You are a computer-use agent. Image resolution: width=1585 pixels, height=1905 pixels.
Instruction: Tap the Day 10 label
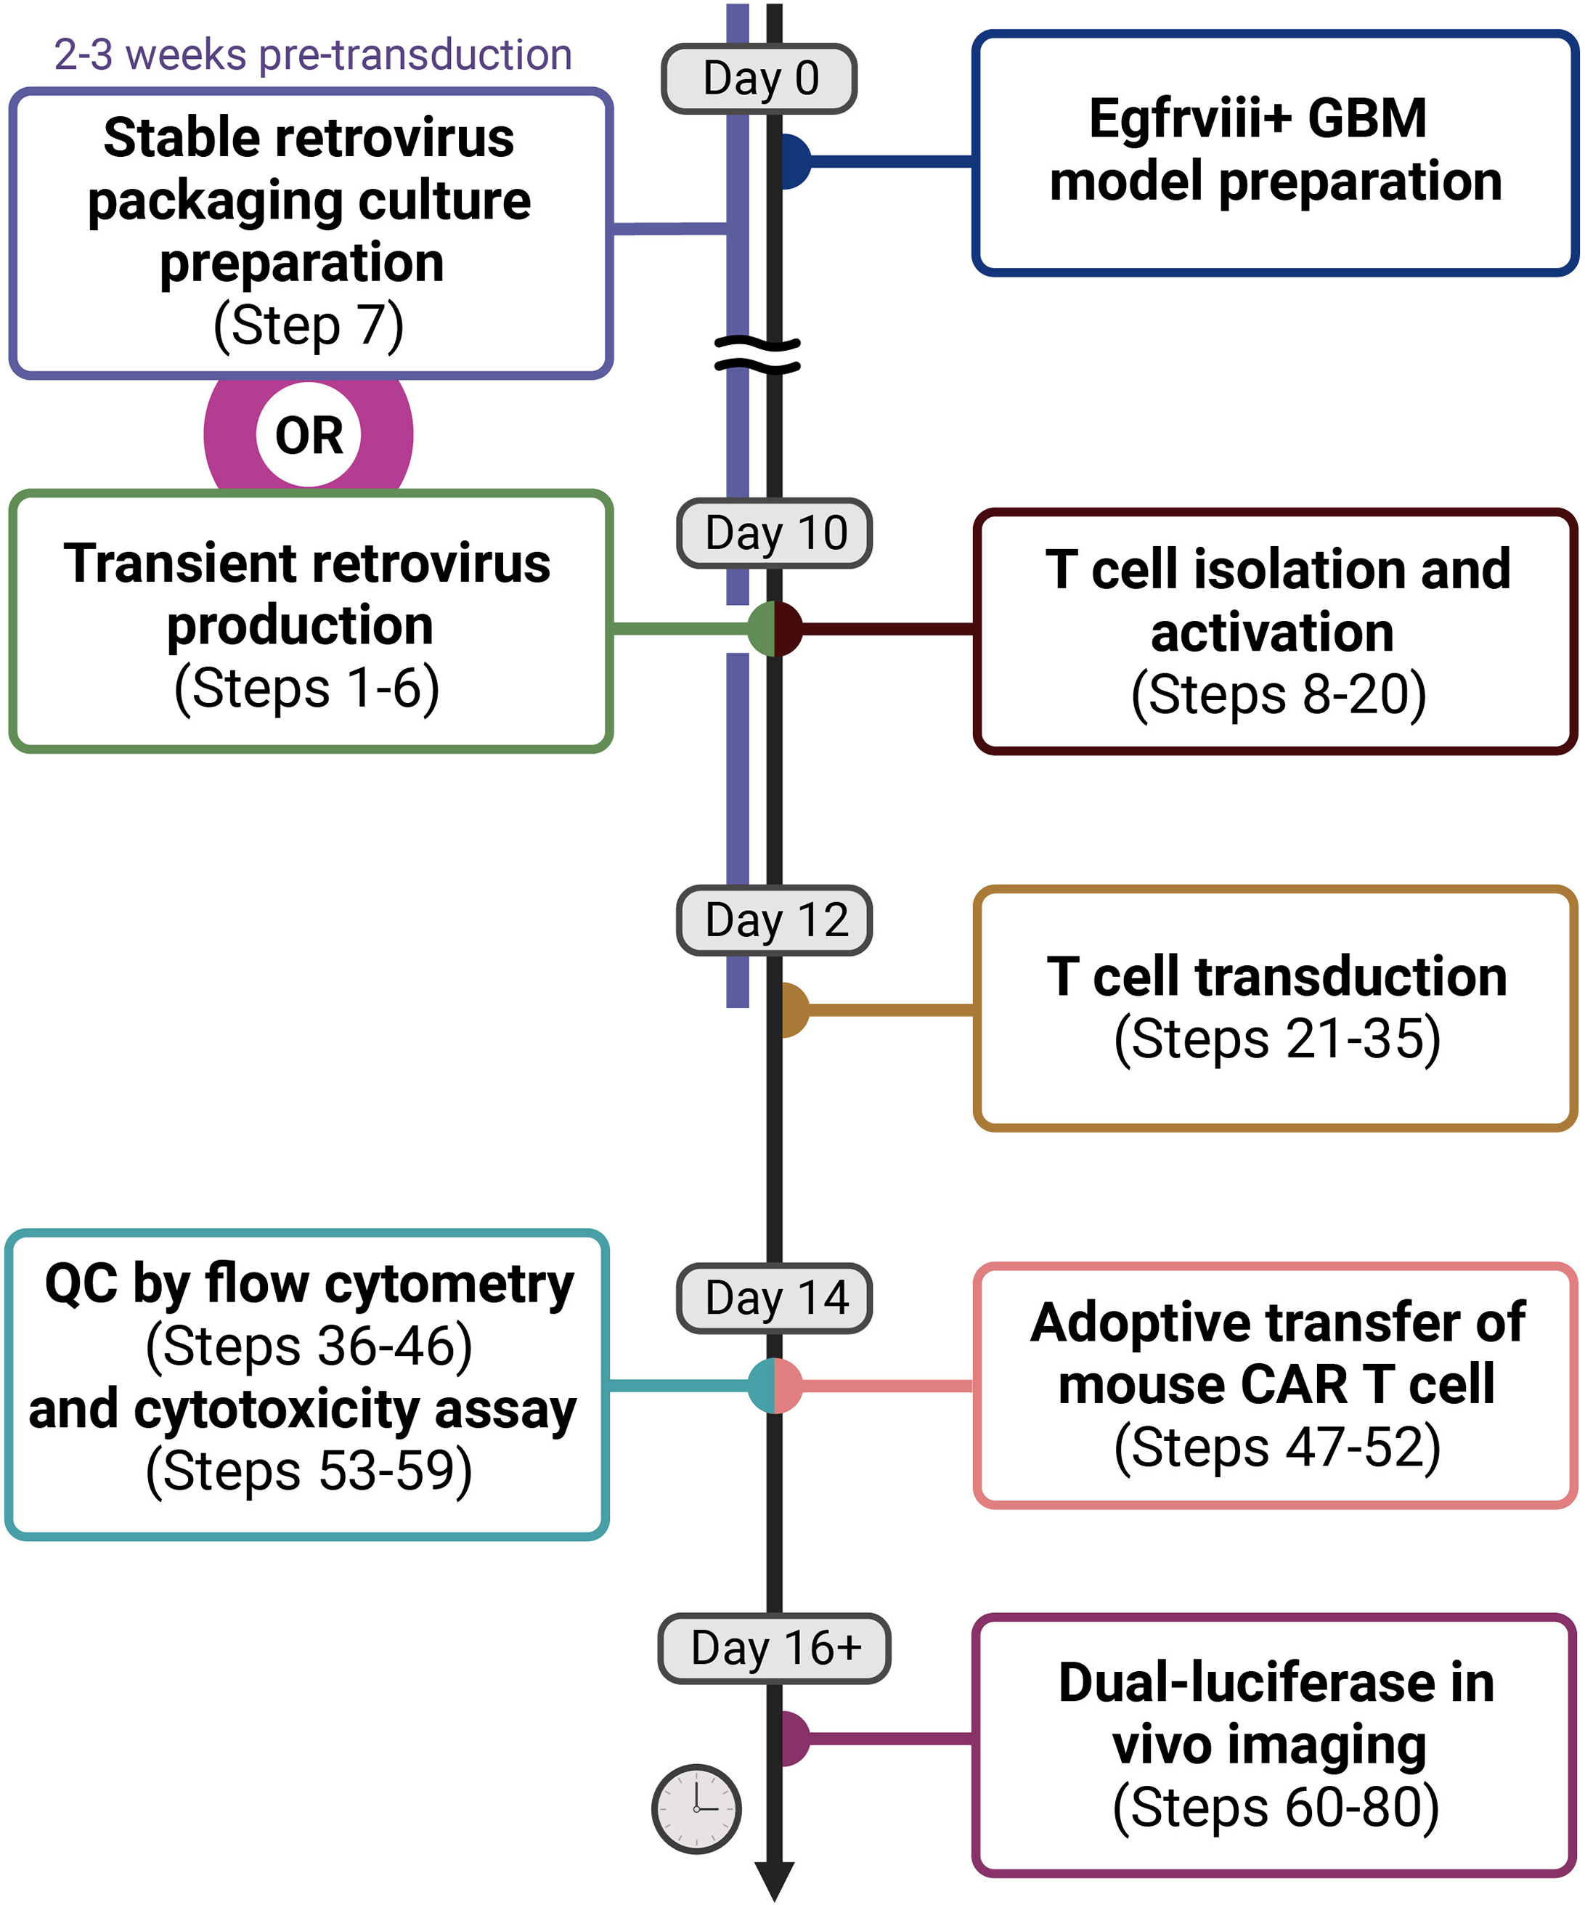(775, 533)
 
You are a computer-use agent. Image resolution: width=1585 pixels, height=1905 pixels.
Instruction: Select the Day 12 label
(775, 920)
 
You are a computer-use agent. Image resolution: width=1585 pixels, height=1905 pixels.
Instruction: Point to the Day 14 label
(775, 1297)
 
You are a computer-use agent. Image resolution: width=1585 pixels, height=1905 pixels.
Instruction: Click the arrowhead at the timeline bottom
(775, 1880)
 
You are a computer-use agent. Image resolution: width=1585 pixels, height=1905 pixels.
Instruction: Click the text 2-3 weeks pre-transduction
(313, 55)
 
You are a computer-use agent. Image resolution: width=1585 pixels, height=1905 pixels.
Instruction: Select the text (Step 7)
(309, 325)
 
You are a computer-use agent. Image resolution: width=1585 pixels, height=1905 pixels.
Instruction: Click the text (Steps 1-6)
(306, 688)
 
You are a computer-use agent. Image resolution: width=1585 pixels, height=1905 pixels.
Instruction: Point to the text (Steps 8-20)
(1279, 694)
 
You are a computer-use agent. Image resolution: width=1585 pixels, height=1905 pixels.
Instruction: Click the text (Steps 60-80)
(1275, 1807)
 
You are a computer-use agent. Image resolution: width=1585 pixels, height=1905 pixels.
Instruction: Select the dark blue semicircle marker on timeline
(794, 161)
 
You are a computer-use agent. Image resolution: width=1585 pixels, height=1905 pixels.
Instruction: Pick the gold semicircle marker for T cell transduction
(794, 1010)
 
